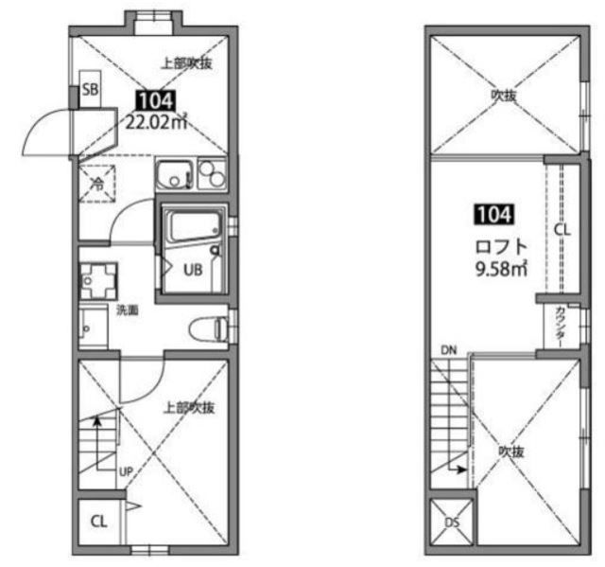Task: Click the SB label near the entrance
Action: pyautogui.click(x=91, y=90)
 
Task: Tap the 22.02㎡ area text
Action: pyautogui.click(x=157, y=122)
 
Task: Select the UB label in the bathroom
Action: pyautogui.click(x=193, y=270)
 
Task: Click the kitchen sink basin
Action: pyautogui.click(x=175, y=174)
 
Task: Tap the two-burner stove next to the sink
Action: pyautogui.click(x=212, y=174)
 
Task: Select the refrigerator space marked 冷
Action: pyautogui.click(x=97, y=184)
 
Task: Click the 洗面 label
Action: pyautogui.click(x=128, y=310)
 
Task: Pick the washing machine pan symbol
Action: pyautogui.click(x=98, y=281)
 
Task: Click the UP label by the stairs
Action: pyautogui.click(x=126, y=471)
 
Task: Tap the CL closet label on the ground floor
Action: pyautogui.click(x=98, y=522)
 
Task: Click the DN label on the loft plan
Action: pyautogui.click(x=449, y=350)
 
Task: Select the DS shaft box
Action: pyautogui.click(x=452, y=522)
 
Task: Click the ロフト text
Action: pyautogui.click(x=501, y=246)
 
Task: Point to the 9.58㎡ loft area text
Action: pyautogui.click(x=501, y=269)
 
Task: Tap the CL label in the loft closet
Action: pyautogui.click(x=562, y=230)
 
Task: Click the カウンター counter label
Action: pyautogui.click(x=561, y=327)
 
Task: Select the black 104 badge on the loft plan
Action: pyautogui.click(x=494, y=214)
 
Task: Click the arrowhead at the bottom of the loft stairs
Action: pyautogui.click(x=461, y=470)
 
